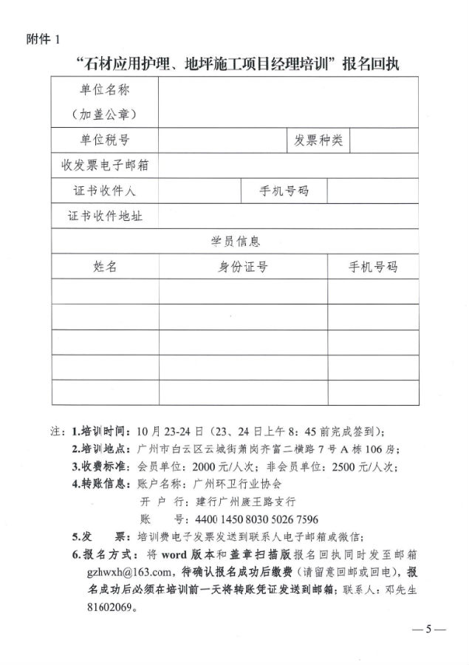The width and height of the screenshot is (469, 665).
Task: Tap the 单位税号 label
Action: (104, 140)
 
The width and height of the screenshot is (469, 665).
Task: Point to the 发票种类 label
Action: (318, 140)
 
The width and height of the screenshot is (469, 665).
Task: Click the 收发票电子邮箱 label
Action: (104, 165)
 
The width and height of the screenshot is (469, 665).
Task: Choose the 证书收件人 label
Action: (104, 190)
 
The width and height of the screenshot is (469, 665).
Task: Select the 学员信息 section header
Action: (235, 241)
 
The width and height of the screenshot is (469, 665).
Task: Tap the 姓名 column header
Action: (104, 266)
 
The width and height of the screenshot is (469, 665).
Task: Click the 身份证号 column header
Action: (242, 266)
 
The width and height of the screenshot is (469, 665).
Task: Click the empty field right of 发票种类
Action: (384, 140)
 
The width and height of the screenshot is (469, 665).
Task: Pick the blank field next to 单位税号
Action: (222, 140)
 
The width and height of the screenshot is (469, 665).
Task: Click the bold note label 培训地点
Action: (105, 449)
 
